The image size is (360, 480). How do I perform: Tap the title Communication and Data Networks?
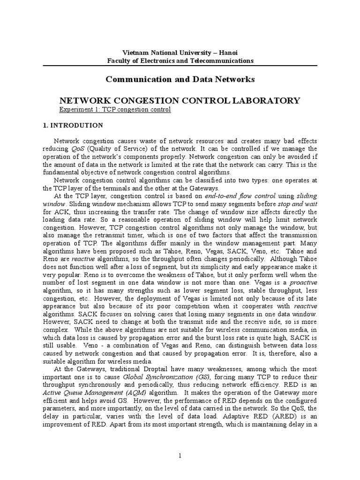pos(180,79)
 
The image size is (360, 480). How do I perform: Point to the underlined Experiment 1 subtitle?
pos(114,109)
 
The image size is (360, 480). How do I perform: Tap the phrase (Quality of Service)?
pos(112,148)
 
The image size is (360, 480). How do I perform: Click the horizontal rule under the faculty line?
pos(180,66)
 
